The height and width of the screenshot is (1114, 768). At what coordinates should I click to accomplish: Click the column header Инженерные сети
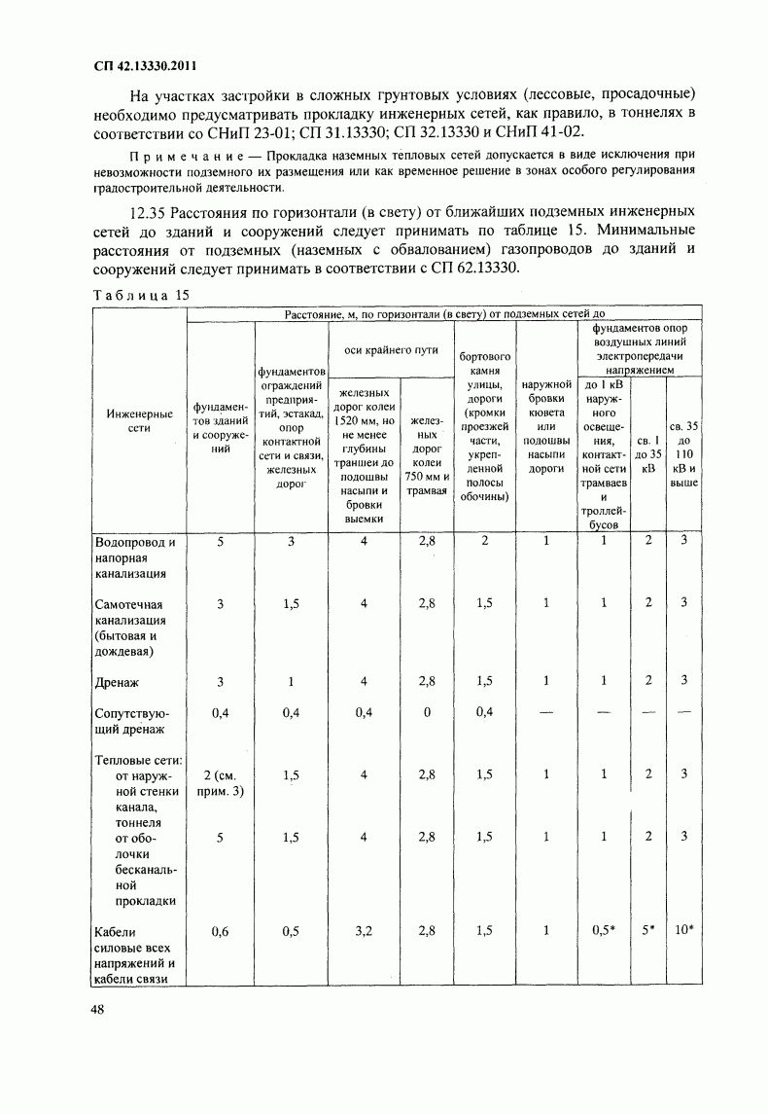point(139,420)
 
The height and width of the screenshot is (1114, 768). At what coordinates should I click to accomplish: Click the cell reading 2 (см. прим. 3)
point(220,782)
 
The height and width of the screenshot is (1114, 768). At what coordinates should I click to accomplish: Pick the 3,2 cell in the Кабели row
point(365,931)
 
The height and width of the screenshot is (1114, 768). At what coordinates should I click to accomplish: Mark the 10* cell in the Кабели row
point(683,931)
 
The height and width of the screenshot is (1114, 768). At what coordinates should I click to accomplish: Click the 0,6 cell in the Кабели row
point(220,931)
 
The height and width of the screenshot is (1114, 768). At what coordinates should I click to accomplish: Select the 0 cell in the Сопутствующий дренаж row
point(427,712)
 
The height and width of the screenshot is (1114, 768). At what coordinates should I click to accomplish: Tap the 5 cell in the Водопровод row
point(220,541)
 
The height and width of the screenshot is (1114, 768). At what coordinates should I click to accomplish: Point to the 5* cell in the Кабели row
point(648,931)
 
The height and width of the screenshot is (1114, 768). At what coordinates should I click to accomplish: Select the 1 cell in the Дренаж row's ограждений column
point(291,681)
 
